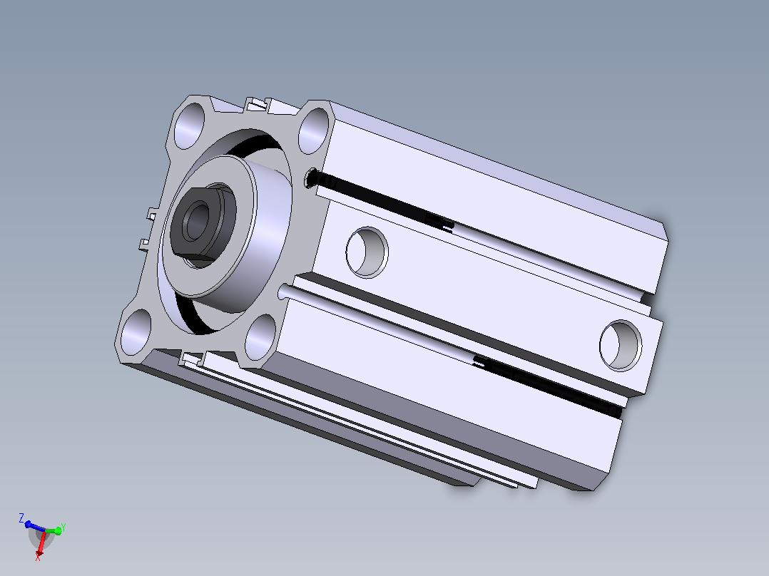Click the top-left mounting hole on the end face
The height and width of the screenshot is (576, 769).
click(x=189, y=126)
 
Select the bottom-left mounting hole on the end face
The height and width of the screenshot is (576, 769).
click(x=136, y=332)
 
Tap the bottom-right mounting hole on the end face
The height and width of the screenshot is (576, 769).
click(x=260, y=337)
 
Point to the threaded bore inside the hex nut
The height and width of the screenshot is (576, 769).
click(x=198, y=222)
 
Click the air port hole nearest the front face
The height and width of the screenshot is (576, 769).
click(x=367, y=252)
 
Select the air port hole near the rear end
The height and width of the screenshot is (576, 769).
click(x=621, y=345)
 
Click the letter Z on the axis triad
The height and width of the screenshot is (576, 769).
click(x=21, y=518)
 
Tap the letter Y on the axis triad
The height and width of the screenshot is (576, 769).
click(x=63, y=528)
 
